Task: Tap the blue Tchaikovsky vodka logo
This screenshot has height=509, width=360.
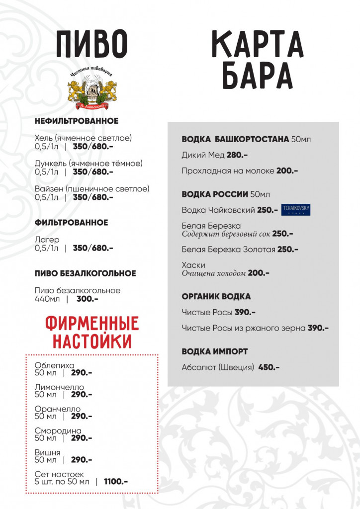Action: coord(296,210)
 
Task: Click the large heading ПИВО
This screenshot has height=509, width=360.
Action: coord(91,44)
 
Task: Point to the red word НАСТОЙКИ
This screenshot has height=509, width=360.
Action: coord(91,341)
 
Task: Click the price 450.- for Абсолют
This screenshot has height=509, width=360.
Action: coord(269,367)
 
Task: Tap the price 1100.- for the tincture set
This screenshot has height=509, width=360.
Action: coord(115,481)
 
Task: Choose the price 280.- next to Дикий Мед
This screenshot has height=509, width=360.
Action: coord(237,155)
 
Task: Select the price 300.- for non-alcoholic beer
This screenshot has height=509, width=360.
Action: coord(87,299)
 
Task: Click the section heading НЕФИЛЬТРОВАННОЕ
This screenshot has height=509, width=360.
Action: coord(77,121)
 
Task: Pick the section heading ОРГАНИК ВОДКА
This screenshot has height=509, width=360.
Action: coord(216,296)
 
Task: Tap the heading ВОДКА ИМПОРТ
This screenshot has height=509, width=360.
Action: coord(215,351)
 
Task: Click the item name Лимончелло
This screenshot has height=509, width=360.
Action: coord(60,387)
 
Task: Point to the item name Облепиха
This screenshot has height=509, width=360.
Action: coord(55,365)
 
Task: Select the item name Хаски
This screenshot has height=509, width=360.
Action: coord(193,265)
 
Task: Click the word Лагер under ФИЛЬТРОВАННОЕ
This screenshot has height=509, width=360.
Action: coord(47,240)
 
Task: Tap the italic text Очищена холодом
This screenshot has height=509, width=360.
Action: coord(214,273)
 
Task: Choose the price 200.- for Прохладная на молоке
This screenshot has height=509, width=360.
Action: coord(287,171)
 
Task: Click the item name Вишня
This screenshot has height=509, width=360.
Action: coord(48,452)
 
